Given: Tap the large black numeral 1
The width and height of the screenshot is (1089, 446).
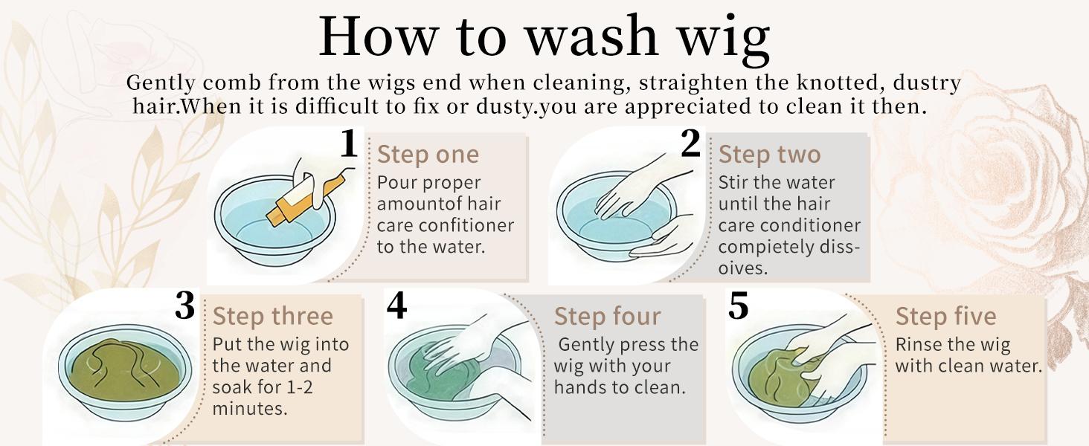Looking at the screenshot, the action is click(x=349, y=143).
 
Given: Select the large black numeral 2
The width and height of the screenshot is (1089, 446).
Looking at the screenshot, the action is click(x=690, y=143).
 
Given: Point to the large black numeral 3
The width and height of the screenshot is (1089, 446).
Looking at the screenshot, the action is click(x=184, y=306).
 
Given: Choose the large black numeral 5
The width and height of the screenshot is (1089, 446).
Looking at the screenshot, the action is click(x=739, y=306).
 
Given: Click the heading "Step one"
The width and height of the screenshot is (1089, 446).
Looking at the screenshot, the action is click(x=428, y=155).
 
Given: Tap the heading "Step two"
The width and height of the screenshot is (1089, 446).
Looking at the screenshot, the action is click(x=770, y=155).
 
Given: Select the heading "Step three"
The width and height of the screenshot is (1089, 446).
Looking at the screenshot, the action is click(x=273, y=316).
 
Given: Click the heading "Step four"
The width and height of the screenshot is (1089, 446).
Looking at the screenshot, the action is click(x=607, y=316).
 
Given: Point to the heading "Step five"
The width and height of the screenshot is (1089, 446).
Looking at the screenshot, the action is click(x=945, y=316).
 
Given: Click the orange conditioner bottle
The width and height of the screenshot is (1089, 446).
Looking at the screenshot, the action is click(x=306, y=197).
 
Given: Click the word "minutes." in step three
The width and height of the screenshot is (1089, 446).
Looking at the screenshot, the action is click(x=250, y=409).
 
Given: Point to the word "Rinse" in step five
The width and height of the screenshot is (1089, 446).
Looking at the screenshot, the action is click(x=916, y=344).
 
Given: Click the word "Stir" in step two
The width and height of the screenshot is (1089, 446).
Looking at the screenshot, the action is click(x=732, y=183).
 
